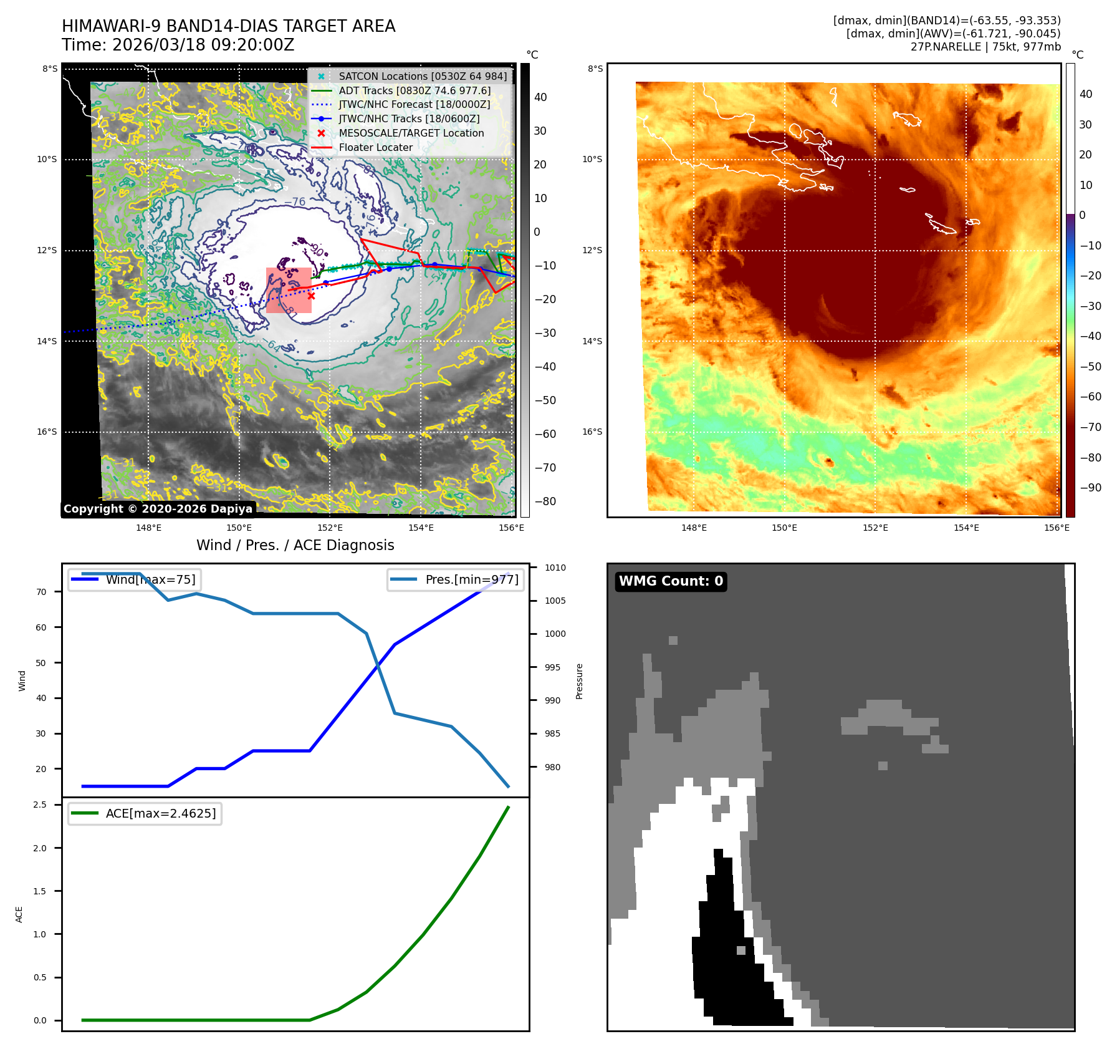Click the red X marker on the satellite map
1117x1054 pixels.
click(311, 296)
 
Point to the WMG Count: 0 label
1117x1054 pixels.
click(671, 581)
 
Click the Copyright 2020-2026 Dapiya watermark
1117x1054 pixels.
click(158, 509)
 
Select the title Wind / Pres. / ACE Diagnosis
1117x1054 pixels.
click(295, 545)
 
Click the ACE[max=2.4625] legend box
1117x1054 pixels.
click(145, 813)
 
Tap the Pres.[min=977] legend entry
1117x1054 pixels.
click(456, 579)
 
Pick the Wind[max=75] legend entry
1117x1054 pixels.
click(134, 579)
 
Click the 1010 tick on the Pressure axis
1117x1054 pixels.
click(555, 568)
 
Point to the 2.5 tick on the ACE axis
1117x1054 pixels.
click(40, 805)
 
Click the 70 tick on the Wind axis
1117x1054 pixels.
click(41, 592)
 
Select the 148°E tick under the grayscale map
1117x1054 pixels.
click(148, 528)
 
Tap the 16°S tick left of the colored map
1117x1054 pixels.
click(592, 432)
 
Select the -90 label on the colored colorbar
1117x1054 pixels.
click(1090, 488)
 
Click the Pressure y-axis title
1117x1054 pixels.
click(580, 681)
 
